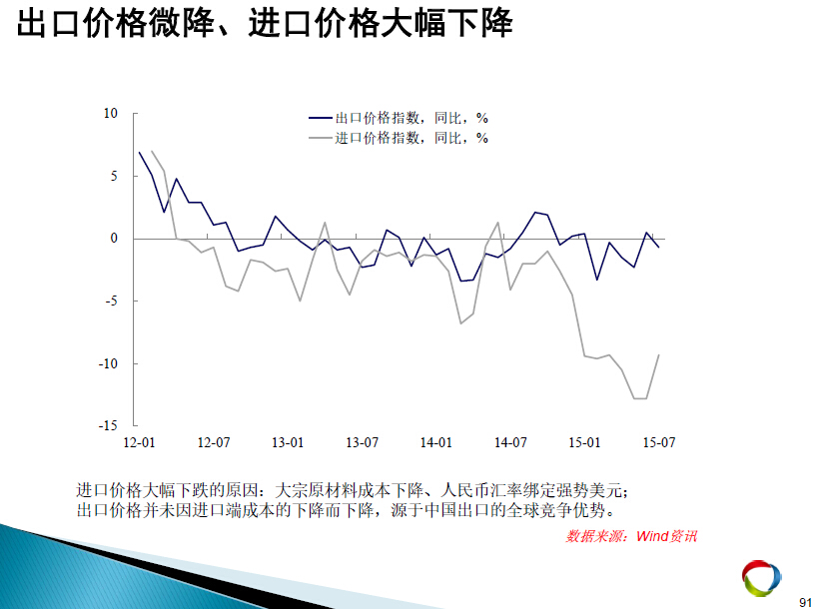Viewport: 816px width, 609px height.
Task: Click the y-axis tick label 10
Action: [111, 114]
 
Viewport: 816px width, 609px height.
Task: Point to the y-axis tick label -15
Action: [108, 425]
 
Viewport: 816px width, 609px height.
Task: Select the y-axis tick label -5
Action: [110, 301]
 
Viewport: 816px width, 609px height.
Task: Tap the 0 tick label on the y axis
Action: [114, 239]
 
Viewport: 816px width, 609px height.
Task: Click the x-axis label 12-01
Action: [139, 442]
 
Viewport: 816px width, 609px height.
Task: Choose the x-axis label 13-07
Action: [363, 442]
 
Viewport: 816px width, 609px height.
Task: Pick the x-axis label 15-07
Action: [659, 442]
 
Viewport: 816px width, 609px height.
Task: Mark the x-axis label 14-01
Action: [436, 442]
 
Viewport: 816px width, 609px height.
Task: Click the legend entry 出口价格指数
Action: [378, 118]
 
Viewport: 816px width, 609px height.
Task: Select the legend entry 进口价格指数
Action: [378, 138]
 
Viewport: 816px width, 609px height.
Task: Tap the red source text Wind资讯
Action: [666, 536]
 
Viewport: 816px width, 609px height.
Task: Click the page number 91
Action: [806, 601]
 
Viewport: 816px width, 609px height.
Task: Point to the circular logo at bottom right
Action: [761, 578]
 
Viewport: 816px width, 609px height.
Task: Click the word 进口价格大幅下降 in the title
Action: [381, 23]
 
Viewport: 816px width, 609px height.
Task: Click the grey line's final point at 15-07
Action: [659, 354]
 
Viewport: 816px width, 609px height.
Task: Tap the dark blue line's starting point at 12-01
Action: [140, 153]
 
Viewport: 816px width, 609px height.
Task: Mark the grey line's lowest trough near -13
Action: [640, 398]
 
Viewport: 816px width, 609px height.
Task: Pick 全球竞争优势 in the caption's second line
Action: [557, 510]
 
